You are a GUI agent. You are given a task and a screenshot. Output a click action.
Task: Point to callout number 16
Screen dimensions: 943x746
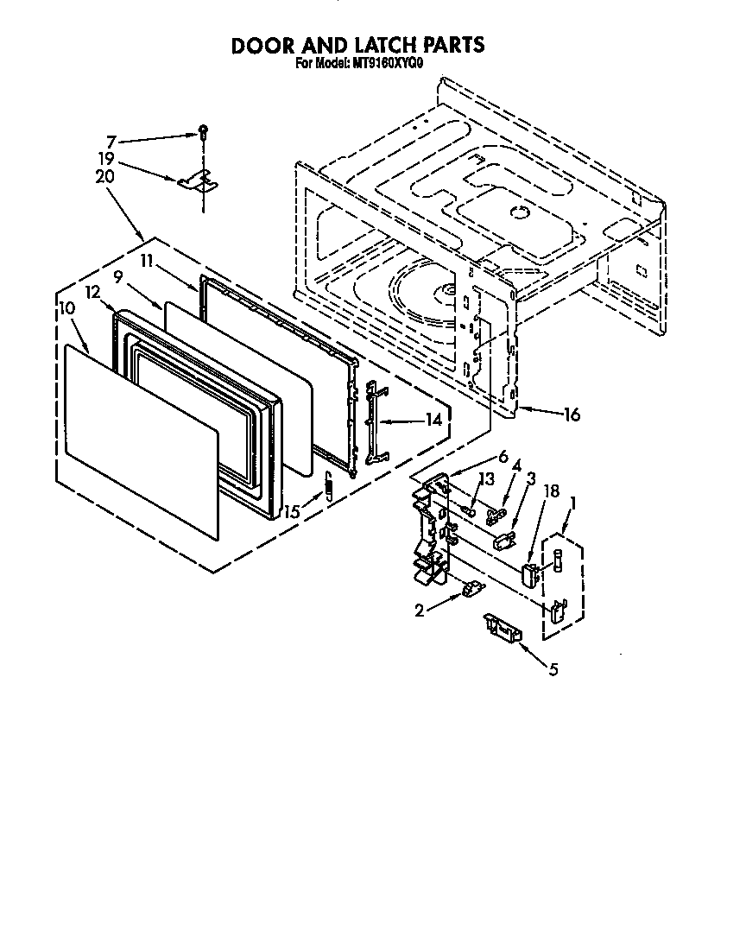coord(571,415)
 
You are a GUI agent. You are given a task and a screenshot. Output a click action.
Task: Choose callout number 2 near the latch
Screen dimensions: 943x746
coord(420,611)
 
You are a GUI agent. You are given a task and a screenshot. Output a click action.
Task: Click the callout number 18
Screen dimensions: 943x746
coord(551,490)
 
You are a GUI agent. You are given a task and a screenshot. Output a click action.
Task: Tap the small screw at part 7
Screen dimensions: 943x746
coord(202,131)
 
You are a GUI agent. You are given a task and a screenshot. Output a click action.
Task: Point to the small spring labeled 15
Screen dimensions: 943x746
coord(328,489)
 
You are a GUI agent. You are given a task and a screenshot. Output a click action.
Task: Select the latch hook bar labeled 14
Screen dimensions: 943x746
coord(373,422)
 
